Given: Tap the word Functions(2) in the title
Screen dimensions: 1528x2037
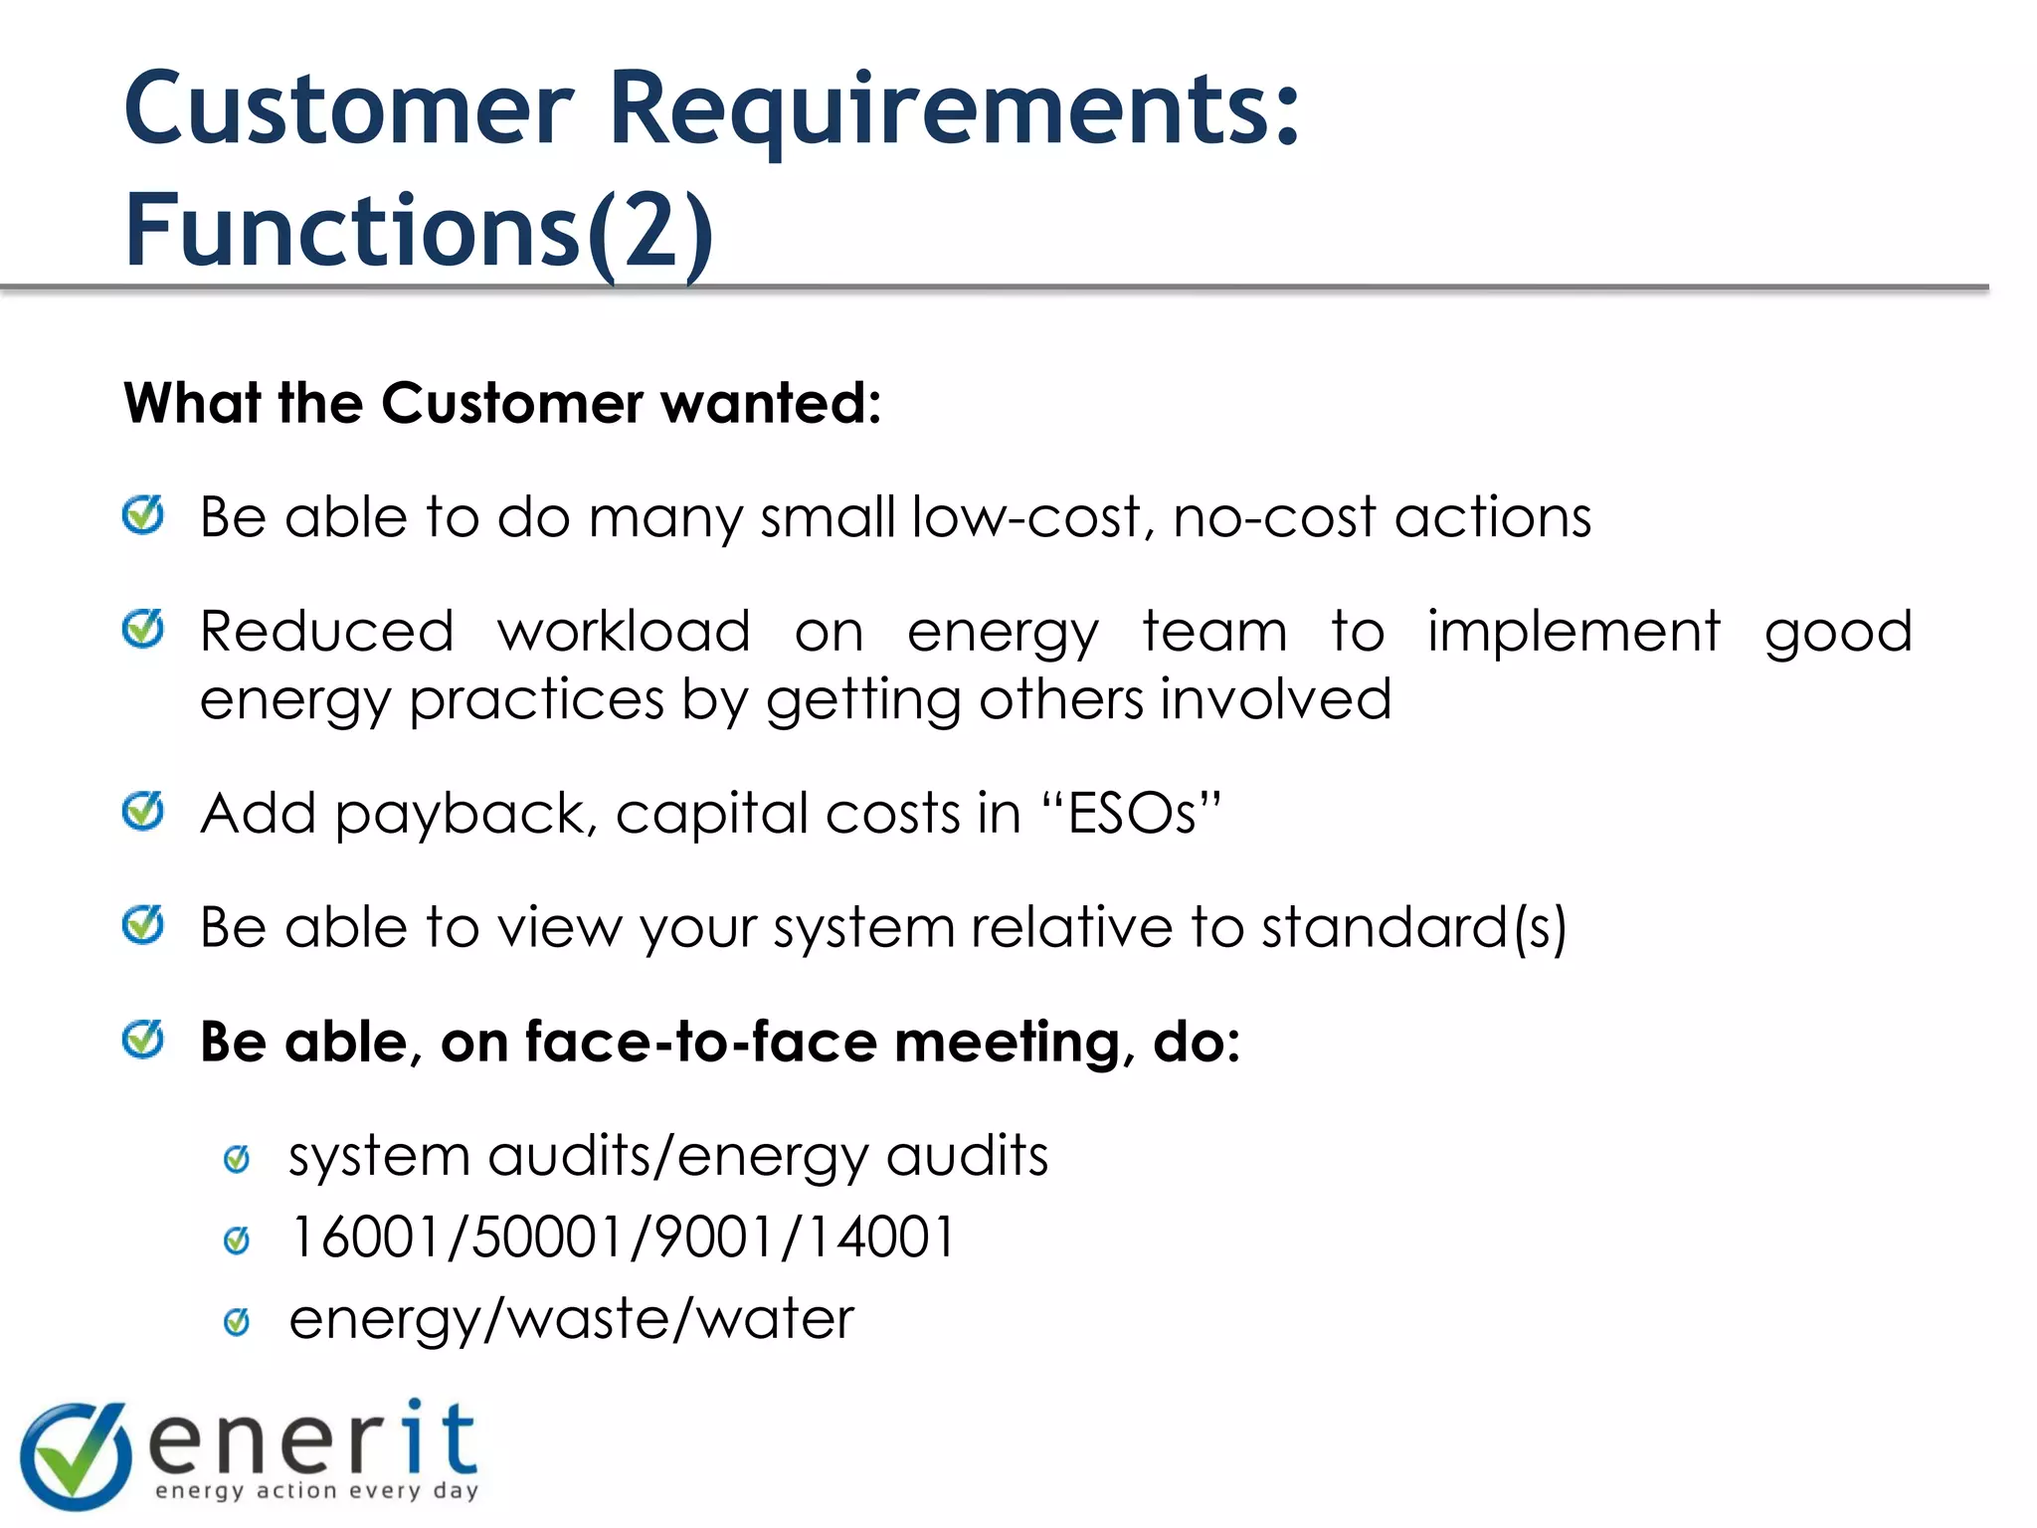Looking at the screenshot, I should pos(419,231).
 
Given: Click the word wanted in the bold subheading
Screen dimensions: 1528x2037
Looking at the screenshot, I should pos(771,403).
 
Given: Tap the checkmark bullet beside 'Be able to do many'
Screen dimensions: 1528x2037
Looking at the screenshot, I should pos(143,515).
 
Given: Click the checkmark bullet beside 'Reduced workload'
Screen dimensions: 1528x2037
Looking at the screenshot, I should pos(143,629).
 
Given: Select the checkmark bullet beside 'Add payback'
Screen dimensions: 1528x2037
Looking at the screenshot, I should pos(143,811).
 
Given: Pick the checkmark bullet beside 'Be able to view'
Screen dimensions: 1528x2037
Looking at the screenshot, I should pos(143,925).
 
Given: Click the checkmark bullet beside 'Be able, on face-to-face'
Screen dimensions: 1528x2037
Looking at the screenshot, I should pos(143,1040).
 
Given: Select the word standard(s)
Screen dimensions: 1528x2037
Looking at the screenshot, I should pos(1413,927).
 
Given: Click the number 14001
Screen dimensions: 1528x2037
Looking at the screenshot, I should pos(879,1238).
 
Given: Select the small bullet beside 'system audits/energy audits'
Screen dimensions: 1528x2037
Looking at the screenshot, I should pos(237,1159).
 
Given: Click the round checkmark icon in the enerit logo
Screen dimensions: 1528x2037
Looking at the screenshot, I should pos(76,1454).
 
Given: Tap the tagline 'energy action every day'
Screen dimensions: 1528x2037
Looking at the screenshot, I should pos(317,1490).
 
